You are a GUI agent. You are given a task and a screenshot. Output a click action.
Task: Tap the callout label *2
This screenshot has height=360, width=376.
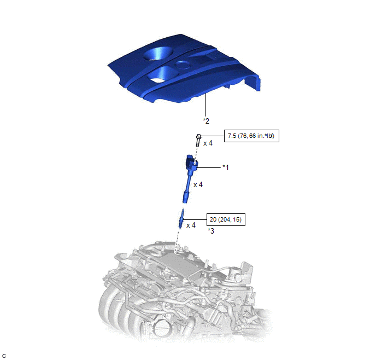206,121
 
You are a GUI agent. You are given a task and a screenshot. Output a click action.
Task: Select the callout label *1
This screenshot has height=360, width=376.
226,167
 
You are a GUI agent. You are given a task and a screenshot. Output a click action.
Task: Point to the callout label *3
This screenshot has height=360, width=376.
211,231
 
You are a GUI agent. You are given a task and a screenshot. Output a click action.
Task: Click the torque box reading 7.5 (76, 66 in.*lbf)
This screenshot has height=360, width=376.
251,136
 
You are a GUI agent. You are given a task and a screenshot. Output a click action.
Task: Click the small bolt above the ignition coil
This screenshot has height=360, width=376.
198,141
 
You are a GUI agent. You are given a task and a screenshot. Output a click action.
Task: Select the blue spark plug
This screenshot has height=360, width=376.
181,218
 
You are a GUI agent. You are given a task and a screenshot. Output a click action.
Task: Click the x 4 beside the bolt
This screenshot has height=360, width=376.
208,143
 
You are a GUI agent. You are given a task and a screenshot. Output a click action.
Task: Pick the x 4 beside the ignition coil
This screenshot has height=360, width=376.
198,184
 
